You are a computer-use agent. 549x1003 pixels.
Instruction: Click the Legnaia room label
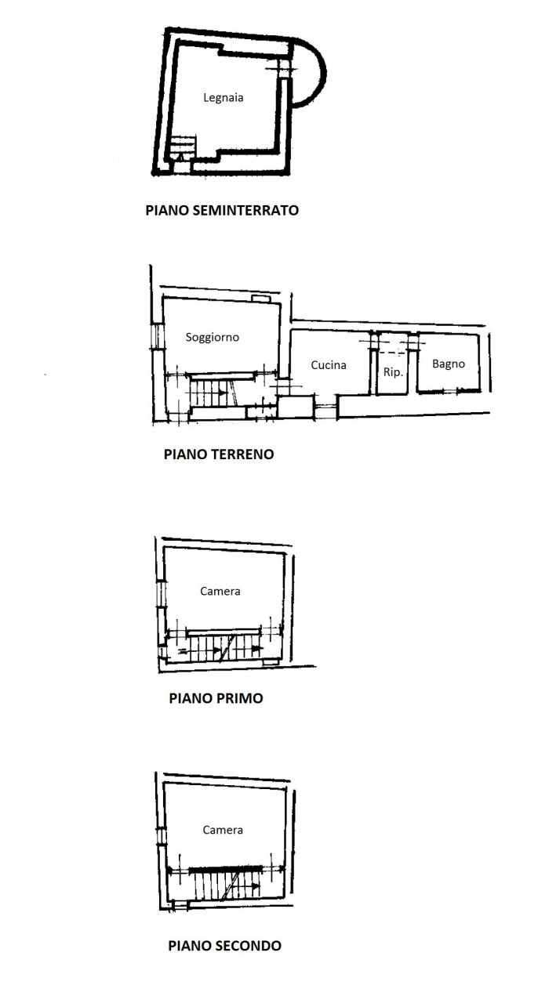pos(224,98)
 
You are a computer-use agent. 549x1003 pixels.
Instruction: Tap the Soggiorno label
pos(213,337)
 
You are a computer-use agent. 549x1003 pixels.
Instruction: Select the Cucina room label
pos(329,365)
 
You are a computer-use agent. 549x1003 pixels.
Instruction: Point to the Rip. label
pos(393,372)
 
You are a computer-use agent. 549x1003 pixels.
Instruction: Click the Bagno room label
pos(448,364)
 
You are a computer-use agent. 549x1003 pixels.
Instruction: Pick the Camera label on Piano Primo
pos(220,591)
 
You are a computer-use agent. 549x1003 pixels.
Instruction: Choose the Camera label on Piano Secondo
pos(223,830)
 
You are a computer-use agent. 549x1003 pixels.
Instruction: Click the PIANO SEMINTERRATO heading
pos(222,210)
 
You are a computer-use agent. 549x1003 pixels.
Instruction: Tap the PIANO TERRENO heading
pos(219,454)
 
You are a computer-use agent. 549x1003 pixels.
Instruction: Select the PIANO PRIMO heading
pos(216,698)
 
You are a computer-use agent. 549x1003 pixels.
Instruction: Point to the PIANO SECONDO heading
pos(224,946)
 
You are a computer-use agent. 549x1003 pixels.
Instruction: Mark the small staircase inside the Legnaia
pos(183,147)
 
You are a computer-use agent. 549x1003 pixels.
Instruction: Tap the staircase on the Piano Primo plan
pos(220,648)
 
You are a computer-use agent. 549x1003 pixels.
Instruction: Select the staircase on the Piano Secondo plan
pos(227,885)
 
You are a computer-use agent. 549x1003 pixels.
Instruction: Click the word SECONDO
pos(249,946)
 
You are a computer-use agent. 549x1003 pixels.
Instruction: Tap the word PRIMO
pos(240,698)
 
